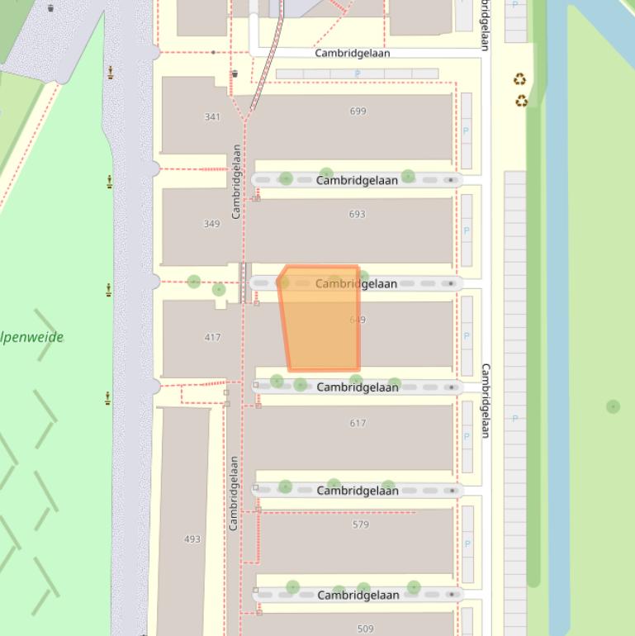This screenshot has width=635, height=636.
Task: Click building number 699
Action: coord(358,112)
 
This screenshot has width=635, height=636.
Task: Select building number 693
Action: coord(357,214)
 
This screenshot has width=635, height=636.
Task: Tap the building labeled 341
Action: coord(212,117)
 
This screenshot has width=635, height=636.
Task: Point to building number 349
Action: coord(211,224)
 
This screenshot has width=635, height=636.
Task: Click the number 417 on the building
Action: coord(212,338)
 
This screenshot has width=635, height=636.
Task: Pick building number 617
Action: coord(358,423)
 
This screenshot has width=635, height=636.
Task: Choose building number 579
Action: coord(360,524)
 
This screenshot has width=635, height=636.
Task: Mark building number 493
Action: coord(192,539)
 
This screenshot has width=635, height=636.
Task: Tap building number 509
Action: coord(365,629)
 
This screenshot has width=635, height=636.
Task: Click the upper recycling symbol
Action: coord(519,80)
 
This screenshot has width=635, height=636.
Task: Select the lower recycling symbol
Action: coord(521,101)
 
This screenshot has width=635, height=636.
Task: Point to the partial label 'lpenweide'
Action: coord(31,337)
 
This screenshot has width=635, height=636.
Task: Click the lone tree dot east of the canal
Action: coord(613,406)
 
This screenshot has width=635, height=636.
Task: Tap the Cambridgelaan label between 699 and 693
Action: coord(357,180)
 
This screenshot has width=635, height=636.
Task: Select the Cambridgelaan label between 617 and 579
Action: coord(358,491)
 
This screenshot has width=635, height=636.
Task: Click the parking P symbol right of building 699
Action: coord(466,131)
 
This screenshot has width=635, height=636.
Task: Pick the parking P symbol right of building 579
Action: coord(467,543)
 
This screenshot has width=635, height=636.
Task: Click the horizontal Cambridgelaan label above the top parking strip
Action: coord(353,53)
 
